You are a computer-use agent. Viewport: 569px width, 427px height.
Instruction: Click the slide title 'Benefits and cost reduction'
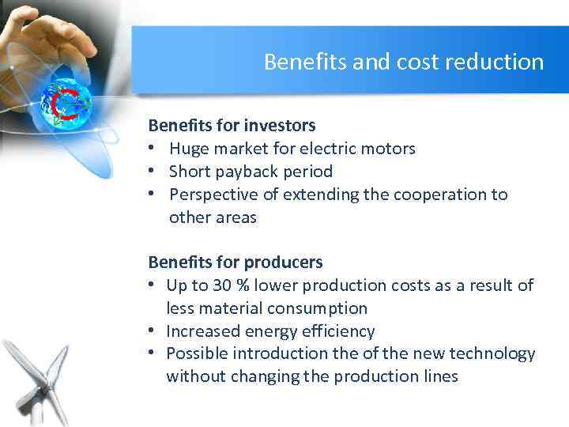(x=404, y=62)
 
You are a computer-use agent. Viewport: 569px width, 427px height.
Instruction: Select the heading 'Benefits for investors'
(x=232, y=125)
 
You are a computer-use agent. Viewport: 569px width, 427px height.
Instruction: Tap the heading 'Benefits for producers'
(x=236, y=262)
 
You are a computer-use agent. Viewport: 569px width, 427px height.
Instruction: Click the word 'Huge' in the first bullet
(x=188, y=149)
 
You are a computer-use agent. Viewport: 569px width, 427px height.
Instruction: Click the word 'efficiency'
(x=338, y=331)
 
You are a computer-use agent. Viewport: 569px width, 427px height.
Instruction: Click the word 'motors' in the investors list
(x=390, y=149)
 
